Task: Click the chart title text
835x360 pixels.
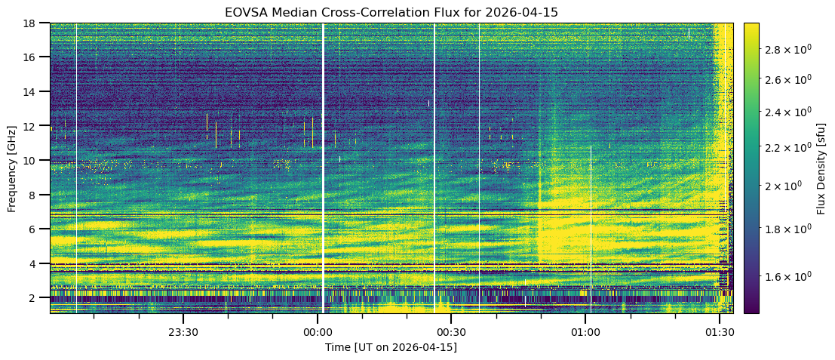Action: point(391,13)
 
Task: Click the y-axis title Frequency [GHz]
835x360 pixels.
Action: point(12,168)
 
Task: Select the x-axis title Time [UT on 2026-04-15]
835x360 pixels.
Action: point(391,347)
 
